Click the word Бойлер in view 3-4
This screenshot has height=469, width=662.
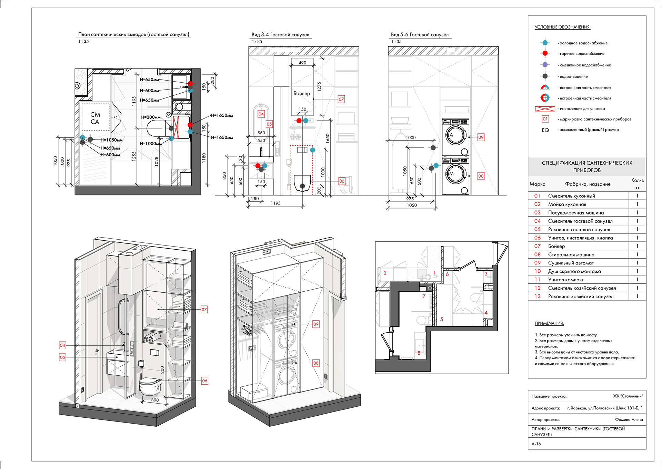(x=302, y=93)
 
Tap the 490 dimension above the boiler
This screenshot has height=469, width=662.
(x=302, y=63)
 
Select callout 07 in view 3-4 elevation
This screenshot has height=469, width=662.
(x=341, y=99)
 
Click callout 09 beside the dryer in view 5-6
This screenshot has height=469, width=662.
(x=481, y=137)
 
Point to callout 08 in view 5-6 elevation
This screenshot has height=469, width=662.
(x=481, y=176)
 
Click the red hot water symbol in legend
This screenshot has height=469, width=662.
(x=545, y=53)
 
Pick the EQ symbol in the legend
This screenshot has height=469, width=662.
(x=545, y=130)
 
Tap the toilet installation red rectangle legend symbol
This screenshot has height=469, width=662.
(x=545, y=109)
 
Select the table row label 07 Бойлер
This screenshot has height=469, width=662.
(x=556, y=246)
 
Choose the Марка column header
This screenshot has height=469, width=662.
(x=538, y=184)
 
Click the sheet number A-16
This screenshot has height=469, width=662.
(x=536, y=444)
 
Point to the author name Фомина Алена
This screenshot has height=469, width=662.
(x=629, y=419)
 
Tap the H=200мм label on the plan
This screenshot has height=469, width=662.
(x=151, y=117)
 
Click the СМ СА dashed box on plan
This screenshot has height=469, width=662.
(x=96, y=117)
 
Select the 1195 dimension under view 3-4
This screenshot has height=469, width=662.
(x=275, y=203)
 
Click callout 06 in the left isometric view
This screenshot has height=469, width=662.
(x=204, y=381)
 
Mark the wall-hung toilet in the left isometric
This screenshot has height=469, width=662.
(x=150, y=386)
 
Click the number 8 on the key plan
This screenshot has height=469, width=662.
(x=419, y=353)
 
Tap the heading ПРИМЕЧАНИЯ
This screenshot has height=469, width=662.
(x=549, y=323)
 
